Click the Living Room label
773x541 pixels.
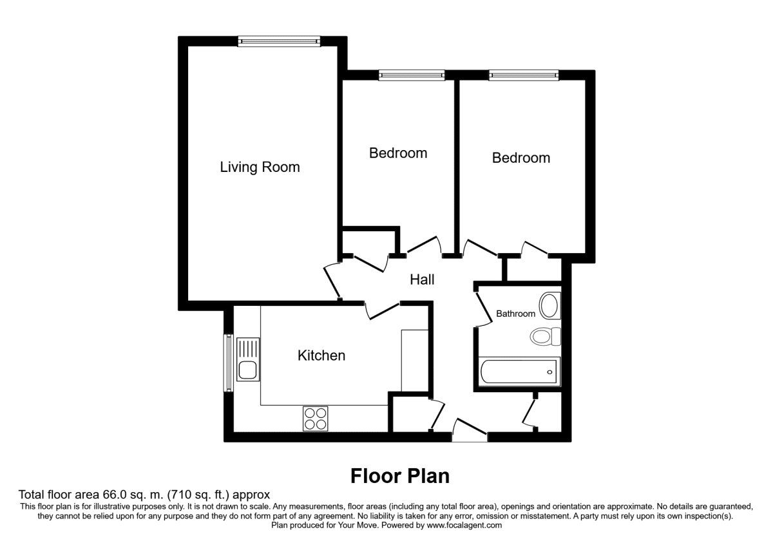click(x=260, y=167)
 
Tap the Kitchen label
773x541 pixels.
click(x=321, y=356)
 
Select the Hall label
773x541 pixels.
click(x=423, y=280)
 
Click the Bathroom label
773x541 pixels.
click(x=515, y=314)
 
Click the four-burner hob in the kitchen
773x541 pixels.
click(x=316, y=419)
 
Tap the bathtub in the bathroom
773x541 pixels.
click(x=519, y=371)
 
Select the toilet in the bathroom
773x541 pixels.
click(x=545, y=336)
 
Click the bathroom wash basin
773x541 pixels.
click(x=549, y=306)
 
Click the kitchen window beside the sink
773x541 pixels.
click(x=227, y=363)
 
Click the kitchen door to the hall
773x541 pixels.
click(x=381, y=310)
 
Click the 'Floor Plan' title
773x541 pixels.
click(x=399, y=476)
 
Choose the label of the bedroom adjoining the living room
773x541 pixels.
click(x=397, y=153)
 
